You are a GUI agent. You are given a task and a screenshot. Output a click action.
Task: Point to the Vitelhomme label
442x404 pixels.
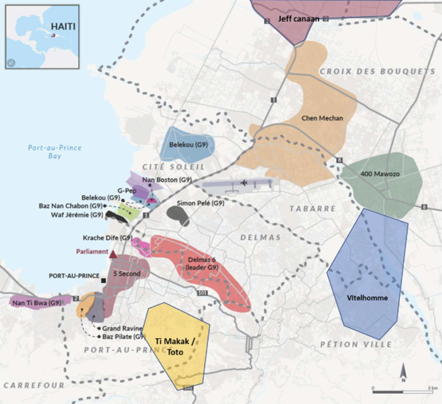[367, 297]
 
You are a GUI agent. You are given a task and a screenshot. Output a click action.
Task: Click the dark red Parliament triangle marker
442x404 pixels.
[113, 254]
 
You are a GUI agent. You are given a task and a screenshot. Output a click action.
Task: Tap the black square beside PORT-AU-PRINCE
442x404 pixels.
[103, 281]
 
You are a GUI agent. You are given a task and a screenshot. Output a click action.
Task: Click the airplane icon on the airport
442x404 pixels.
[244, 183]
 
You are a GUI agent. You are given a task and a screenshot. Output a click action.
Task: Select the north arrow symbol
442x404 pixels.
[403, 372]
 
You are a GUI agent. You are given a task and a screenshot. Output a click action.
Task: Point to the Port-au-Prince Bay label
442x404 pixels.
[55, 152]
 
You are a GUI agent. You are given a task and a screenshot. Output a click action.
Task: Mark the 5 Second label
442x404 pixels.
[126, 273]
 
